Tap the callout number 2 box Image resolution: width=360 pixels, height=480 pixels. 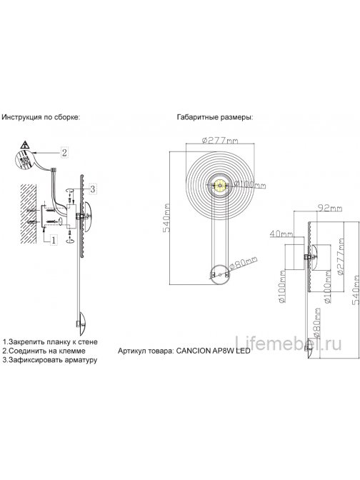(64, 152)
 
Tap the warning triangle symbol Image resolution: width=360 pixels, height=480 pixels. (24, 146)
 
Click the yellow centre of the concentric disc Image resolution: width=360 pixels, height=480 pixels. (220, 186)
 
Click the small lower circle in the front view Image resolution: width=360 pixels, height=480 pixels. (219, 271)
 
